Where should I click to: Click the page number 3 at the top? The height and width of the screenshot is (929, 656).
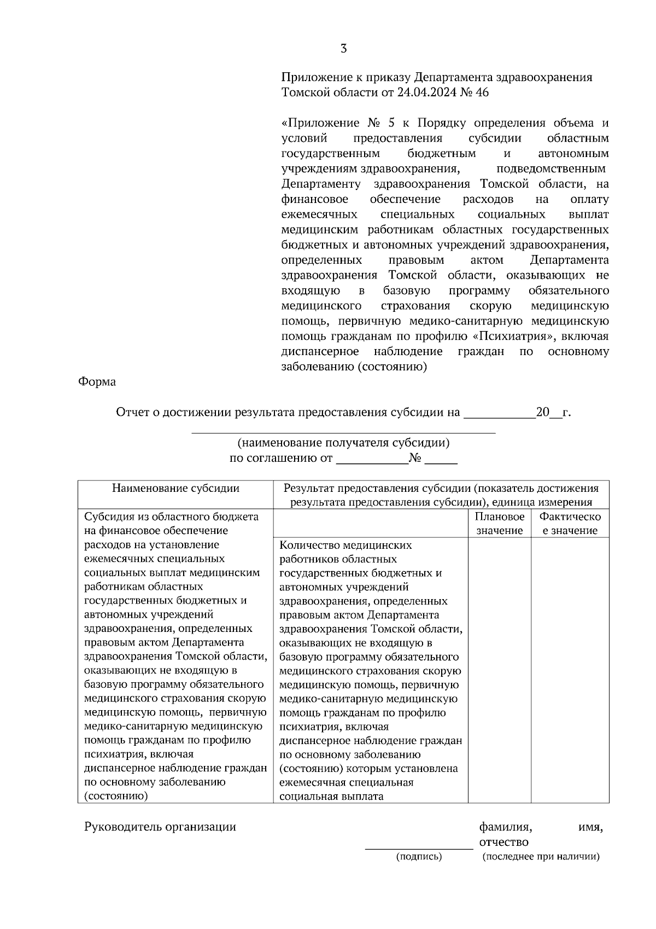click(x=343, y=49)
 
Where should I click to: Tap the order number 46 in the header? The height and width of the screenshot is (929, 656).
click(x=482, y=92)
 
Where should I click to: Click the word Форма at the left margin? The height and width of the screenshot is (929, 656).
click(x=97, y=382)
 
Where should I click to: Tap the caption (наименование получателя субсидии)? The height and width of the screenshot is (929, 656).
click(x=343, y=443)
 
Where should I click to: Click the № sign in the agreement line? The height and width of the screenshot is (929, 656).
click(x=415, y=458)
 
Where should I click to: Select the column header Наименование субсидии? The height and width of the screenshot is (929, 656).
click(x=175, y=488)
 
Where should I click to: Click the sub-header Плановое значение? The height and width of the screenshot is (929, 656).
click(x=500, y=524)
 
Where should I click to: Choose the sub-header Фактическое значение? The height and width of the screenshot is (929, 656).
click(x=570, y=524)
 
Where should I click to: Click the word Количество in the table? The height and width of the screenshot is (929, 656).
click(x=308, y=545)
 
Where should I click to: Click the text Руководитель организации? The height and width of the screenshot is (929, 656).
click(x=160, y=827)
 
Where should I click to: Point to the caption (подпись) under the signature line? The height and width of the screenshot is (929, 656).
click(x=419, y=857)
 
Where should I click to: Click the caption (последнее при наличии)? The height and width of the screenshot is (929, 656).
click(x=541, y=857)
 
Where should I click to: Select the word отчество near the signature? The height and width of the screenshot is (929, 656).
click(x=503, y=842)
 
